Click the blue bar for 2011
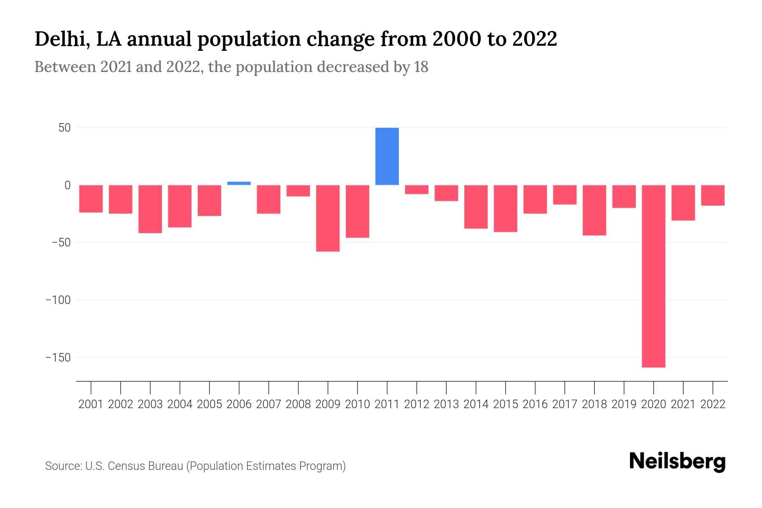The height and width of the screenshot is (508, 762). pyautogui.click(x=387, y=156)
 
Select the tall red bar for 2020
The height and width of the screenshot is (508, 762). pyautogui.click(x=654, y=276)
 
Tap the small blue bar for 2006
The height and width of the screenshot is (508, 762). pyautogui.click(x=239, y=183)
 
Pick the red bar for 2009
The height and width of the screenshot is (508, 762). pyautogui.click(x=328, y=218)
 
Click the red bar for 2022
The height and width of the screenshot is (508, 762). pyautogui.click(x=713, y=195)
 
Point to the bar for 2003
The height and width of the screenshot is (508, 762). pyautogui.click(x=150, y=209)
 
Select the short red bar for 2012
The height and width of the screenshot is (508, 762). pyautogui.click(x=417, y=190)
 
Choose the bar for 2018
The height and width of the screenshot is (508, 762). pyautogui.click(x=594, y=210)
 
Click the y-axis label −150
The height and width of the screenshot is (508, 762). pyautogui.click(x=58, y=358)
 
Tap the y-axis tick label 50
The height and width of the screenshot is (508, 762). pyautogui.click(x=64, y=128)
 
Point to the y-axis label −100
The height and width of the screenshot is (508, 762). pyautogui.click(x=58, y=300)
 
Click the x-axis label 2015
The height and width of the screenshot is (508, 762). pyautogui.click(x=505, y=404)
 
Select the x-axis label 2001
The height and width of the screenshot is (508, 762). pyautogui.click(x=91, y=404)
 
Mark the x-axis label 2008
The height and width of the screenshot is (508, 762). pyautogui.click(x=298, y=404)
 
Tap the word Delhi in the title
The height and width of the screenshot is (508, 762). pyautogui.click(x=60, y=39)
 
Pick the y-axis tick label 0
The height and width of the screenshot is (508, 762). pyautogui.click(x=67, y=185)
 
